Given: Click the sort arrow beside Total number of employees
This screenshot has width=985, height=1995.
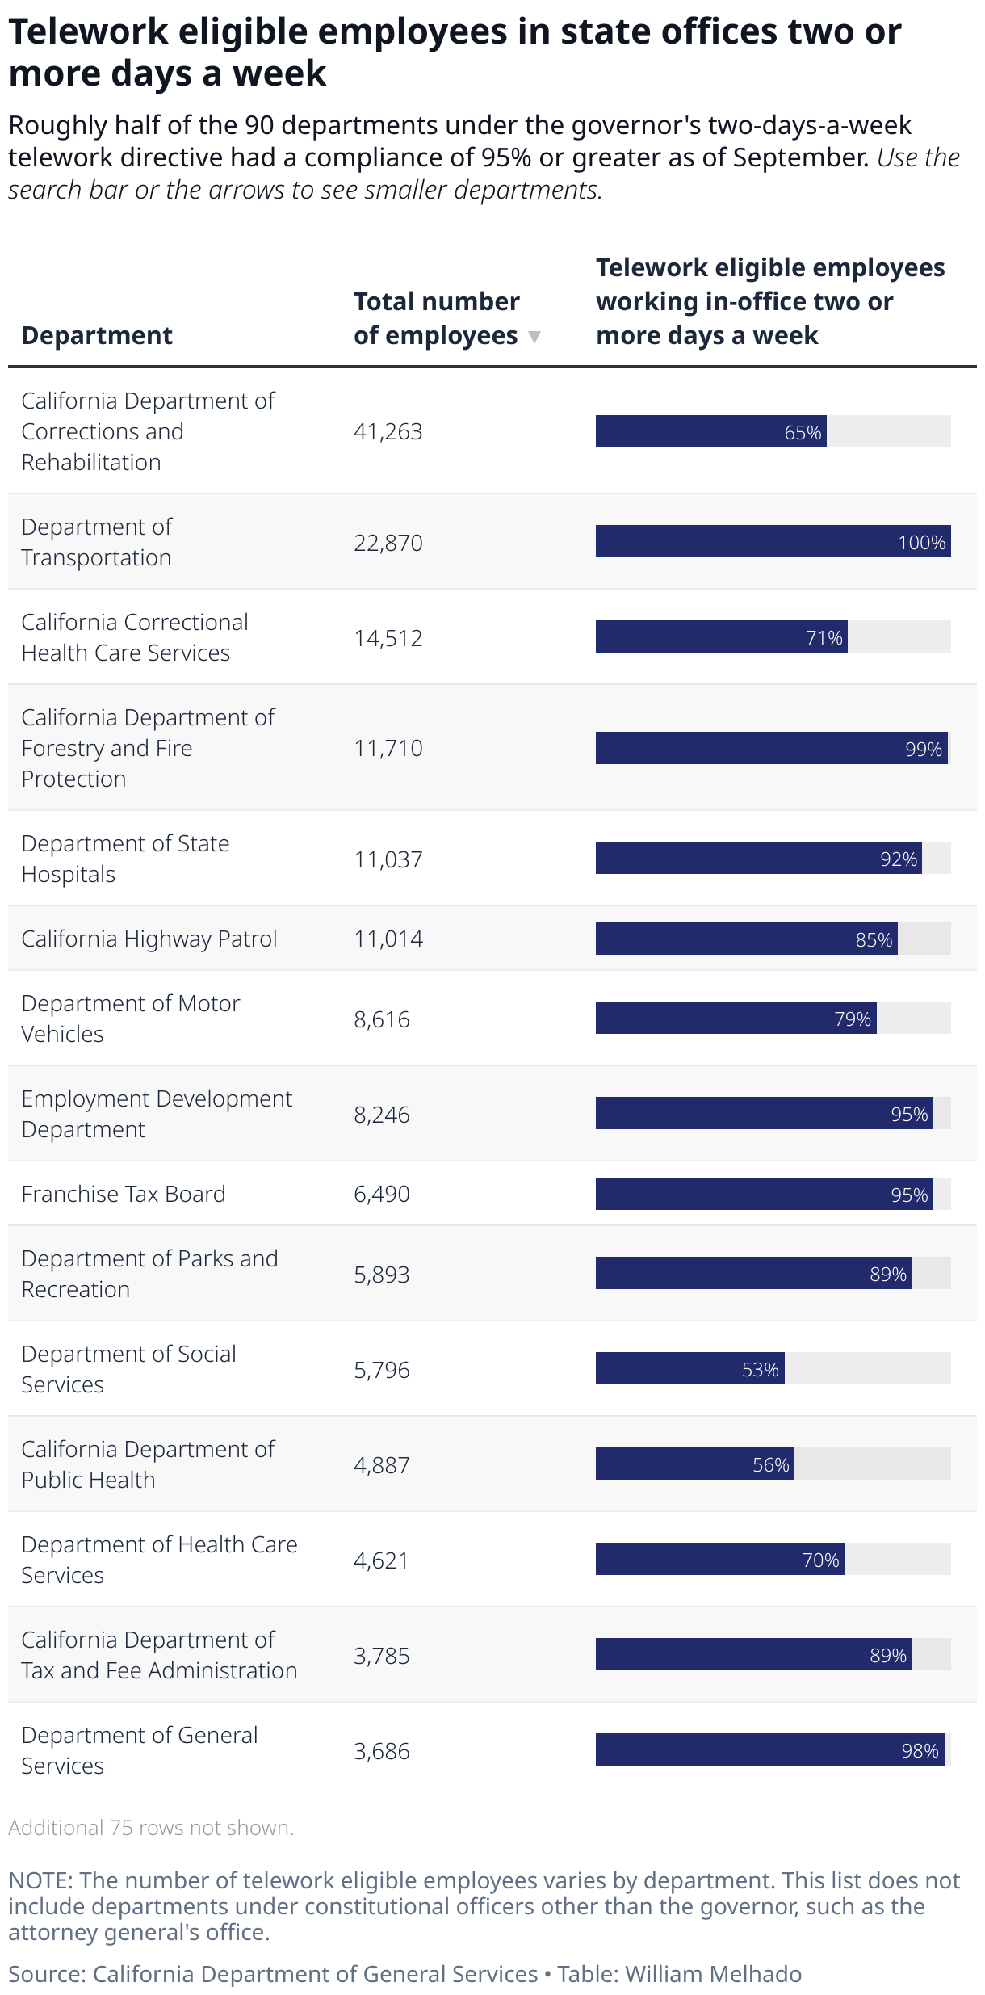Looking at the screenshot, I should (x=534, y=337).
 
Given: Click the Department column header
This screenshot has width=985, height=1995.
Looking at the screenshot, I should (x=97, y=335).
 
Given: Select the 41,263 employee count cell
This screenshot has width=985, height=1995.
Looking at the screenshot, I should (x=388, y=431).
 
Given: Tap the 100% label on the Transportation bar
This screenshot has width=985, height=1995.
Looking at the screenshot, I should (x=921, y=543).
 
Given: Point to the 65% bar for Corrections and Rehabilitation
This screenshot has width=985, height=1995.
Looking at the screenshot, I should (x=710, y=431).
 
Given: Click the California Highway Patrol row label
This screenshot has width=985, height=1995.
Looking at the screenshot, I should (x=149, y=939).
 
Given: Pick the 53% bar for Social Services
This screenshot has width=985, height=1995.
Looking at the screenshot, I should (x=689, y=1369).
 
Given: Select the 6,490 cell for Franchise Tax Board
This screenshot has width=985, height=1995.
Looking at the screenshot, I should (x=381, y=1194).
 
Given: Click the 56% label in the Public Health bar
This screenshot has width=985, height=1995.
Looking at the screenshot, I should (x=770, y=1464).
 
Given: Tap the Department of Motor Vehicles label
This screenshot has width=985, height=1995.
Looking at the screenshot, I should (x=130, y=1018).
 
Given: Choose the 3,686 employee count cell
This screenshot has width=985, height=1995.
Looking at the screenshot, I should (x=381, y=1750).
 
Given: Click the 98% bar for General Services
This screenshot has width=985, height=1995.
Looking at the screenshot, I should (x=769, y=1750).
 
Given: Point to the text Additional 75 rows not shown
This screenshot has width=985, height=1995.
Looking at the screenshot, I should (x=151, y=1828).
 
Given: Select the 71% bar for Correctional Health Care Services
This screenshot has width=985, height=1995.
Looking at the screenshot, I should (x=721, y=637).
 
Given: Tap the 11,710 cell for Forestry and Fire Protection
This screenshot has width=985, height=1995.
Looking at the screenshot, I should (x=388, y=748).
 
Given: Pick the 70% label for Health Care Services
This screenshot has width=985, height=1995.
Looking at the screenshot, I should (x=820, y=1560).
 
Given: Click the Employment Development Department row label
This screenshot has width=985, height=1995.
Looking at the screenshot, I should (x=157, y=1114).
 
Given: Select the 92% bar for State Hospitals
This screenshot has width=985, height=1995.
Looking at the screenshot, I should (x=758, y=859).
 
